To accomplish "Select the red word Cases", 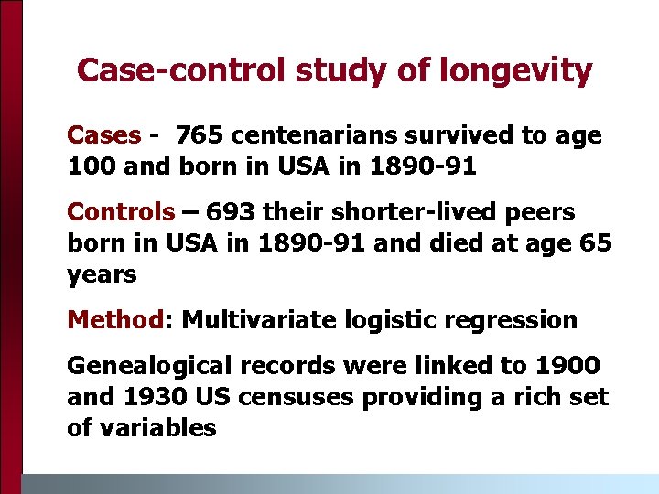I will tap(103, 136).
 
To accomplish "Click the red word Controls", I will tap(121, 212).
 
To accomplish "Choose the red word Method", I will tap(114, 320).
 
